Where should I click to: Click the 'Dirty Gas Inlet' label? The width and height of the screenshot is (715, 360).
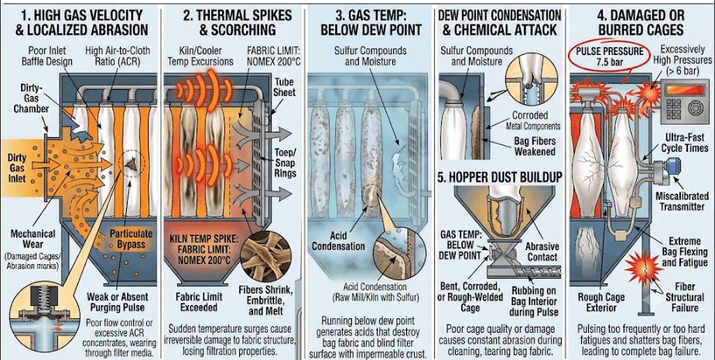[17, 168]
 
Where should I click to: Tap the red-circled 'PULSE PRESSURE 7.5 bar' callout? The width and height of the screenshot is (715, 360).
[609, 57]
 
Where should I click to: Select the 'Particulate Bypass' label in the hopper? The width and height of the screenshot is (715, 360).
[131, 239]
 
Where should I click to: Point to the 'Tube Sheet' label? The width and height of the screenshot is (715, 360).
[284, 87]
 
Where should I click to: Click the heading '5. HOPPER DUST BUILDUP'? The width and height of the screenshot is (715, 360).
[499, 177]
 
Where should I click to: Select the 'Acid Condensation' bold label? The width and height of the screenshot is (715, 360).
[338, 241]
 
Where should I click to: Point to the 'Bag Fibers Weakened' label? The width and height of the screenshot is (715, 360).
[535, 146]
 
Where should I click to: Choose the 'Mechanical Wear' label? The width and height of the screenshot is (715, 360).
[32, 238]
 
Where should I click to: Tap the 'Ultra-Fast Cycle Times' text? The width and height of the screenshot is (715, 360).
[685, 142]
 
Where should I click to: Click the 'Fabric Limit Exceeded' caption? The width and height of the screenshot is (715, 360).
[198, 302]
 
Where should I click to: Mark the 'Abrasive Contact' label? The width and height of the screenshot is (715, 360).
[542, 252]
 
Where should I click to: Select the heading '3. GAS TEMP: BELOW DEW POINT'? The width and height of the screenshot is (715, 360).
[371, 22]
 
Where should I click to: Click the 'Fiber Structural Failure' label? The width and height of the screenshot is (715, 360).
[685, 297]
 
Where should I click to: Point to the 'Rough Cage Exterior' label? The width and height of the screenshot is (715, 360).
[602, 303]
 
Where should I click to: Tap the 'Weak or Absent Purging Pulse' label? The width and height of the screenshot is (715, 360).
[117, 302]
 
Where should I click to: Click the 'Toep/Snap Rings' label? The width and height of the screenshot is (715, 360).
[285, 163]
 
